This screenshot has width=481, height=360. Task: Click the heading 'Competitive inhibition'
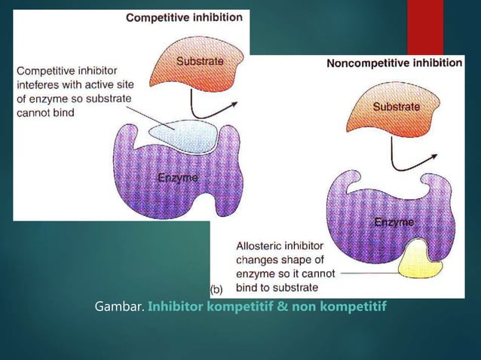pos(184,17)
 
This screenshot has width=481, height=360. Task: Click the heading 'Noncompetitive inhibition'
pos(394,64)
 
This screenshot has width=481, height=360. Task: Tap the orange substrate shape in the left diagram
pos(201,62)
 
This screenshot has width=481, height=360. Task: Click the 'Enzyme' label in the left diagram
pos(178,178)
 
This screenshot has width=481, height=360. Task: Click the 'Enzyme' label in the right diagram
pos(394,224)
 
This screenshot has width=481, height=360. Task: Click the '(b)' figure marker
pos(216,288)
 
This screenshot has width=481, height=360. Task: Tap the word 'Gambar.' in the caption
pos(119,308)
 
